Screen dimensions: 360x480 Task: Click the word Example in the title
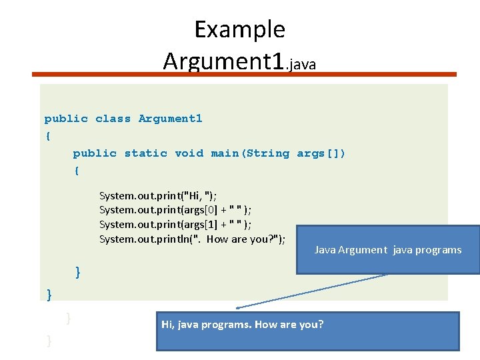pyautogui.click(x=239, y=29)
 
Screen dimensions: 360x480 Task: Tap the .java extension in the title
pyautogui.click(x=301, y=64)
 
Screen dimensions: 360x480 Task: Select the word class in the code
pyautogui.click(x=113, y=119)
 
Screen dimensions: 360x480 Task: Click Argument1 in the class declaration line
pyautogui.click(x=170, y=119)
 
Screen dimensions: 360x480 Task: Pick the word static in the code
pyautogui.click(x=145, y=153)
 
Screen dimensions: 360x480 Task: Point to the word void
pyautogui.click(x=189, y=153)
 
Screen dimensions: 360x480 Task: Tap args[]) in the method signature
pyautogui.click(x=321, y=153)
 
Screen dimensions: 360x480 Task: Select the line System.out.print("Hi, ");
pyautogui.click(x=157, y=195)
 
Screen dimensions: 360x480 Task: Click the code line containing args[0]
pyautogui.click(x=175, y=210)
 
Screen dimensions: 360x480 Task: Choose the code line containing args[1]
pyautogui.click(x=175, y=225)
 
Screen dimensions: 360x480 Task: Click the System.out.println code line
pyautogui.click(x=192, y=239)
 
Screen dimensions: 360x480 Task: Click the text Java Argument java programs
pyautogui.click(x=387, y=250)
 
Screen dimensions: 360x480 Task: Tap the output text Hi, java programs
pyautogui.click(x=211, y=325)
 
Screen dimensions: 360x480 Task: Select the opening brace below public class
pyautogui.click(x=47, y=136)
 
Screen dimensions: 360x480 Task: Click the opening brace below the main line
pyautogui.click(x=77, y=171)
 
